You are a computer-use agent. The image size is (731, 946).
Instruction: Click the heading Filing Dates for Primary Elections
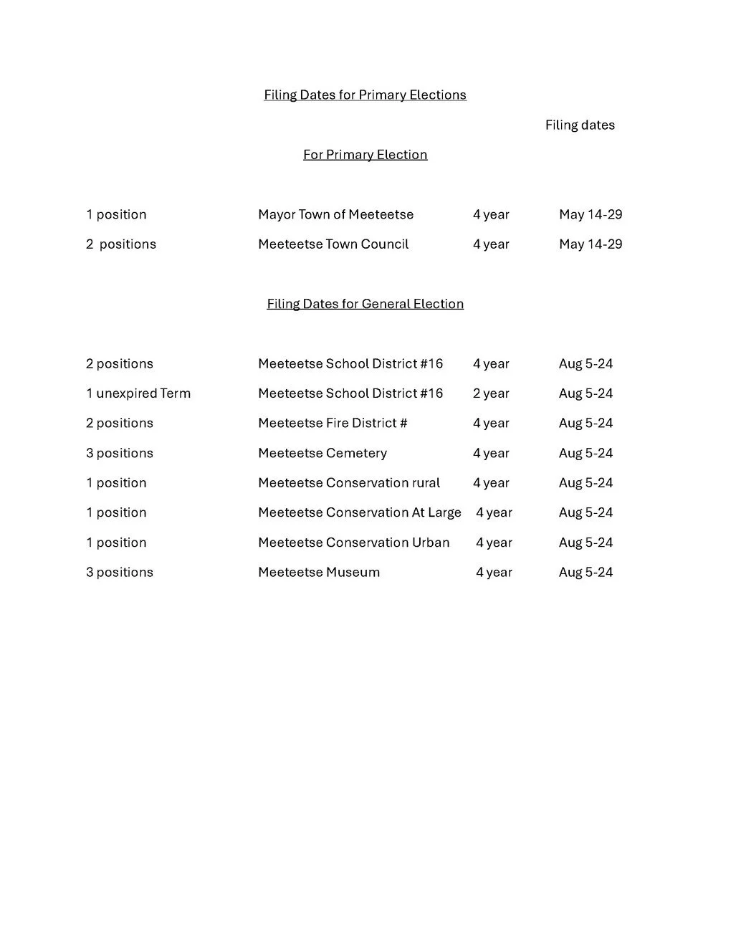click(365, 95)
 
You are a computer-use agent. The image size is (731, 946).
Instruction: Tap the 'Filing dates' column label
click(580, 125)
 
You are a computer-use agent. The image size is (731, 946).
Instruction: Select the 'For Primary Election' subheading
click(365, 155)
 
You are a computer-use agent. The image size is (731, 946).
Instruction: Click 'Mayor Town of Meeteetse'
click(335, 214)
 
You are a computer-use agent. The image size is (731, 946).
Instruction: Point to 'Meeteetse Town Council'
click(333, 244)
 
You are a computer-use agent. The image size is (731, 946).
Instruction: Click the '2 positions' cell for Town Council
click(121, 244)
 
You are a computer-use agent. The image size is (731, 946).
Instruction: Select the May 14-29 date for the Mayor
click(591, 214)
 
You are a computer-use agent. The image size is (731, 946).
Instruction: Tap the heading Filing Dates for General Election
click(365, 304)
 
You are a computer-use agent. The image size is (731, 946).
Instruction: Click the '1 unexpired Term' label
click(138, 393)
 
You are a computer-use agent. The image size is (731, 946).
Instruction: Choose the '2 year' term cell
click(491, 393)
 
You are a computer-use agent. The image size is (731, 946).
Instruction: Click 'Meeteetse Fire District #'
click(333, 424)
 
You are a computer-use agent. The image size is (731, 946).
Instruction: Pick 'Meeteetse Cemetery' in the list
click(322, 454)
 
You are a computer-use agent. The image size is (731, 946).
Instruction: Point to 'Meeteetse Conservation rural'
click(349, 483)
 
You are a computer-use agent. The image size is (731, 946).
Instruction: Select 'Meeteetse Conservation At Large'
click(360, 513)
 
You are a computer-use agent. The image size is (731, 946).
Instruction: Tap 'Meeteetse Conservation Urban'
click(354, 543)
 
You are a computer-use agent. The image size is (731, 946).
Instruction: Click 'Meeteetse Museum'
click(319, 573)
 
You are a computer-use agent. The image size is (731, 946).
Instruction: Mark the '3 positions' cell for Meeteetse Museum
click(120, 573)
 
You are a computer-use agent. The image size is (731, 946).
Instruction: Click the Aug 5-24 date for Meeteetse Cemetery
click(586, 454)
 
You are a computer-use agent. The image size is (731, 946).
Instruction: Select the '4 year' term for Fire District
click(491, 424)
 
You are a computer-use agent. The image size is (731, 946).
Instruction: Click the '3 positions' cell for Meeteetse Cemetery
click(120, 454)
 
